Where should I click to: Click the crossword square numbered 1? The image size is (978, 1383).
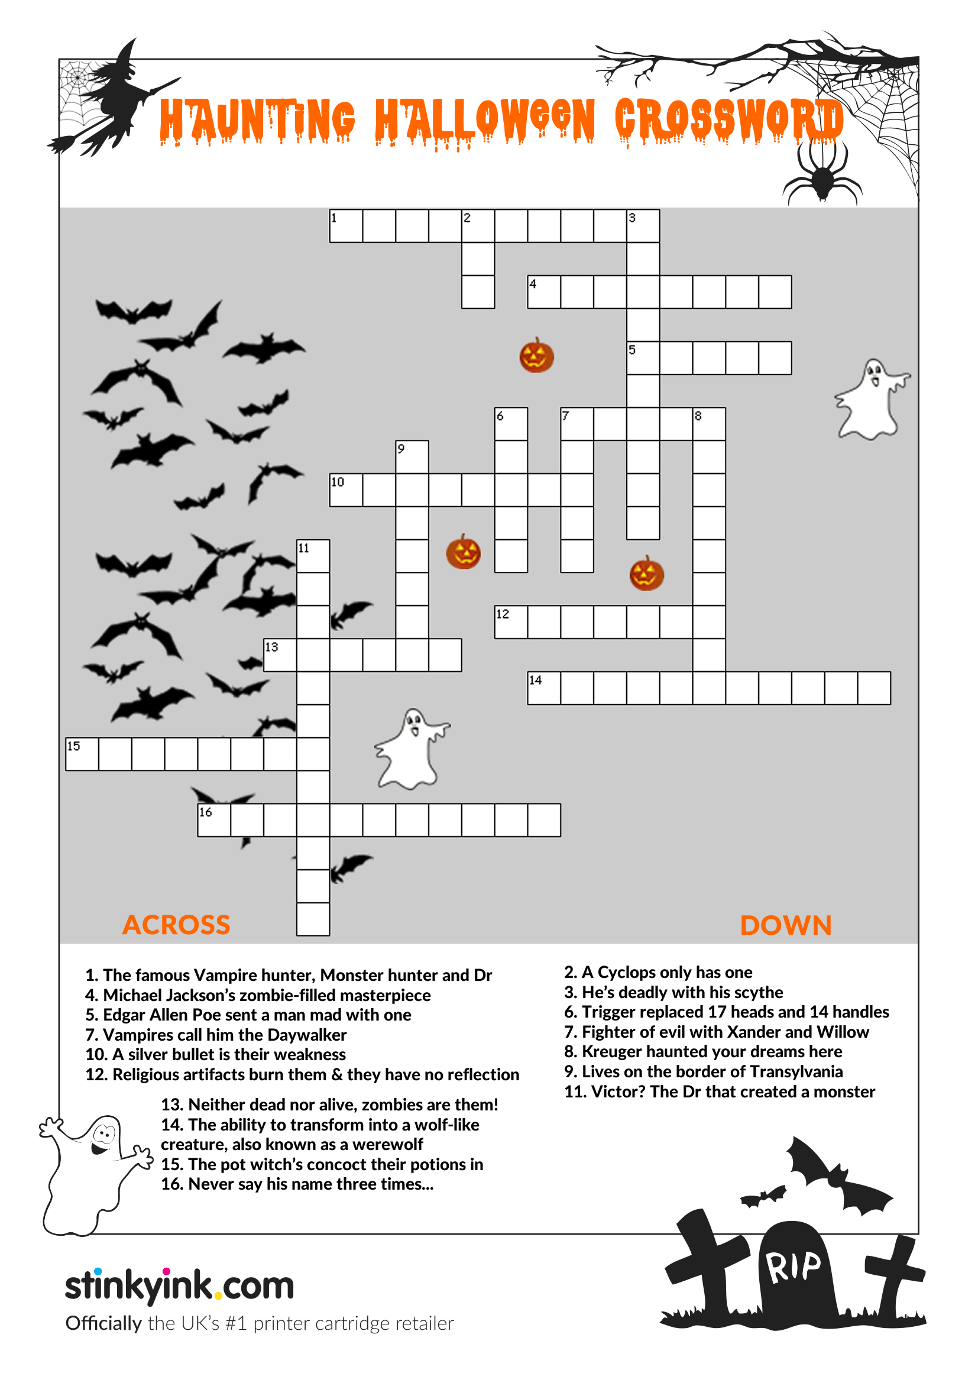tap(346, 226)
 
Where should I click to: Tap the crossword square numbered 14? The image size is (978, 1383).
tap(544, 688)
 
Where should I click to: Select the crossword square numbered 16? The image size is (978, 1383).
tap(214, 820)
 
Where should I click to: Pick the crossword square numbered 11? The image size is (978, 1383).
tap(313, 555)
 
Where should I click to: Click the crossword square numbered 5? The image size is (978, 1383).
tap(643, 358)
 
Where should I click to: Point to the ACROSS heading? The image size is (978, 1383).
tap(176, 925)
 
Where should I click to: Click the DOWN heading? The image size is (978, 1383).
tap(785, 925)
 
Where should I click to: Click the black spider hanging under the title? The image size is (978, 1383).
tap(822, 174)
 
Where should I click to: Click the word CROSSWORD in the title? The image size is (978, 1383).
tap(728, 121)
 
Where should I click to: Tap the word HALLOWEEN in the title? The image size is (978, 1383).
tap(485, 121)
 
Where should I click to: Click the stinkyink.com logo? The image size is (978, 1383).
tap(179, 1285)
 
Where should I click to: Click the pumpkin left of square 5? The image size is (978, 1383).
tap(536, 356)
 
